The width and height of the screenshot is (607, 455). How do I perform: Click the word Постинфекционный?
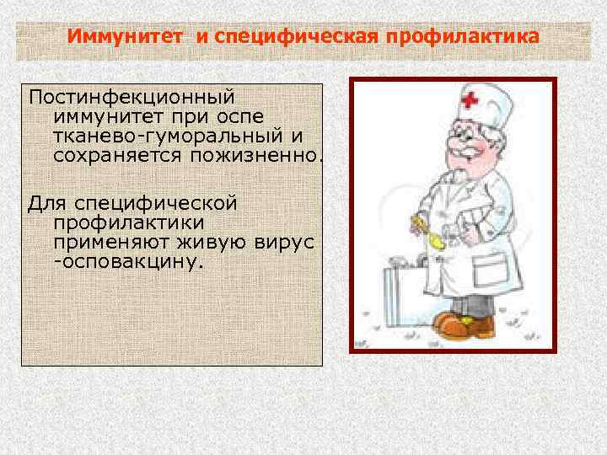click(131, 98)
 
